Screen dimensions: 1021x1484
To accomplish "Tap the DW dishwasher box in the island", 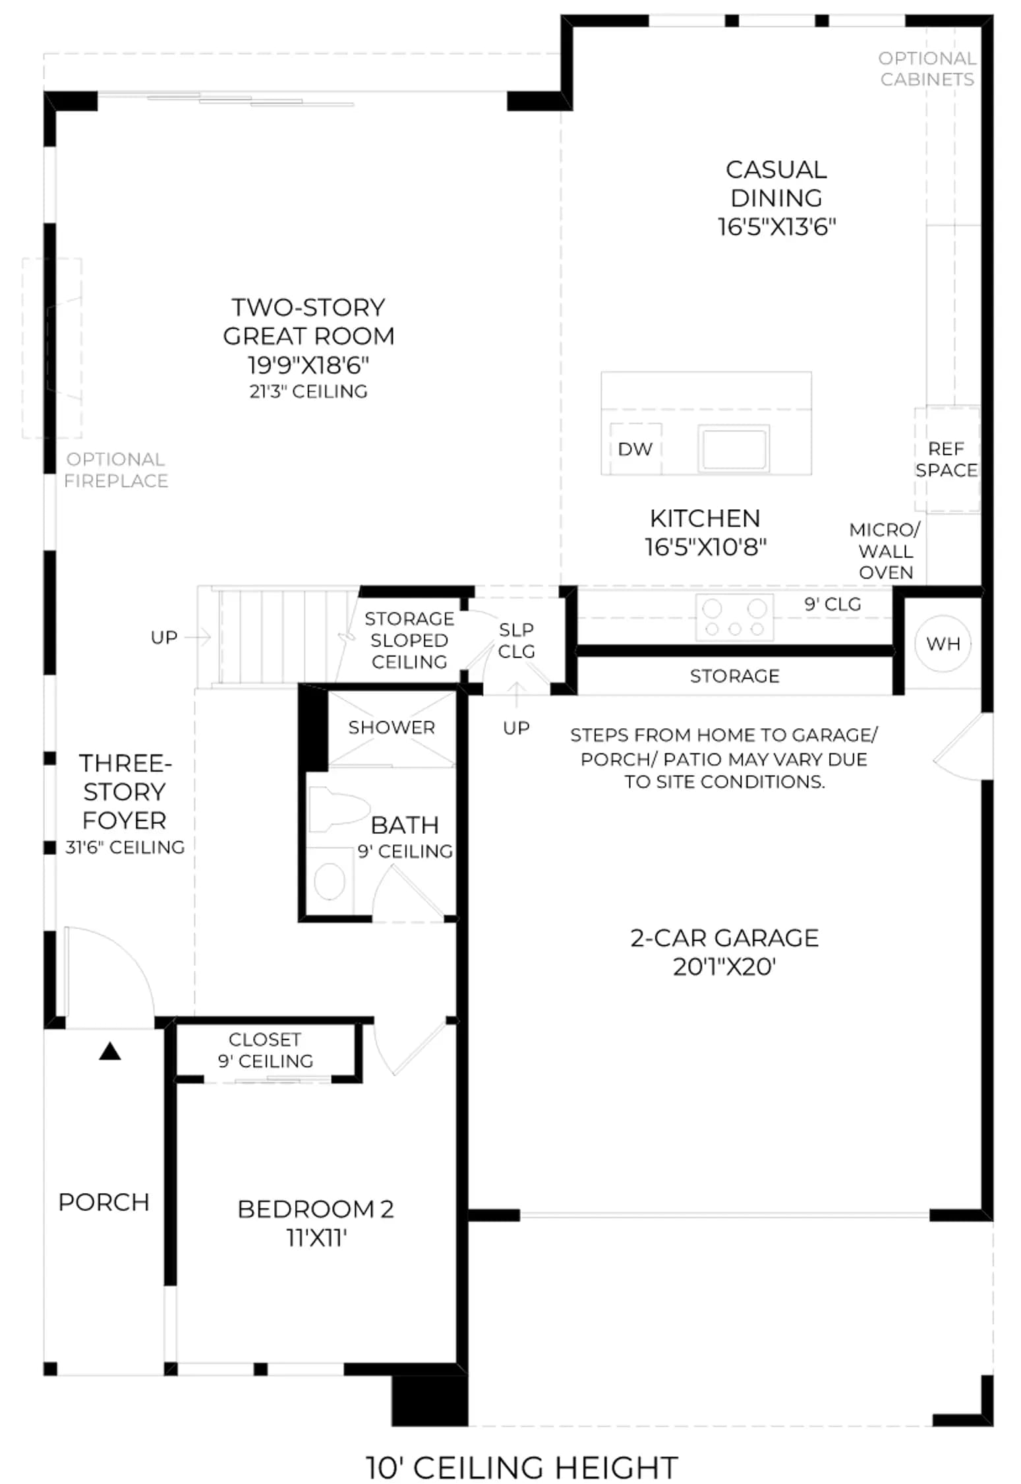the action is point(635,448).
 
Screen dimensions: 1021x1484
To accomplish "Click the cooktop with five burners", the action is point(734,617).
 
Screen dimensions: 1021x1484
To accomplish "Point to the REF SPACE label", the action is point(946,460).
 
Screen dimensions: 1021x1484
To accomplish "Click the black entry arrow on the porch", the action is point(110,1051).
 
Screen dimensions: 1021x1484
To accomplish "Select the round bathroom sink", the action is point(330,881).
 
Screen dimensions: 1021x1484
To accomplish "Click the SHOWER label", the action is point(392,727).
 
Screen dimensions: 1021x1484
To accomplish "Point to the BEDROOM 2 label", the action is point(316,1223).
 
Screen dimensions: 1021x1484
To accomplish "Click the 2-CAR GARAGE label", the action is point(724,952).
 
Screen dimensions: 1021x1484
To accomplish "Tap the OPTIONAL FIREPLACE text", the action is point(115,470).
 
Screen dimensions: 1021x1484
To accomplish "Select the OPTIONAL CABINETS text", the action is point(927,69).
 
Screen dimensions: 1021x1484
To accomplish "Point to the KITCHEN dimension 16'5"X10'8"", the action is point(705,547).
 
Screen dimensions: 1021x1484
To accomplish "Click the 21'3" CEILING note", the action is point(308,392).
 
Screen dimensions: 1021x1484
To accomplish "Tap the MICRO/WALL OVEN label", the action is point(885,551).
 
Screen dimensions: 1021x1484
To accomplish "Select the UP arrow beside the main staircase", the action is point(197,637).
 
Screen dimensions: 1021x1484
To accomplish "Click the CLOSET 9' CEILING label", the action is point(265,1050).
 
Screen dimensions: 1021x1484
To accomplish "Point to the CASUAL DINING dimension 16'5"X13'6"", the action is point(776,227).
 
